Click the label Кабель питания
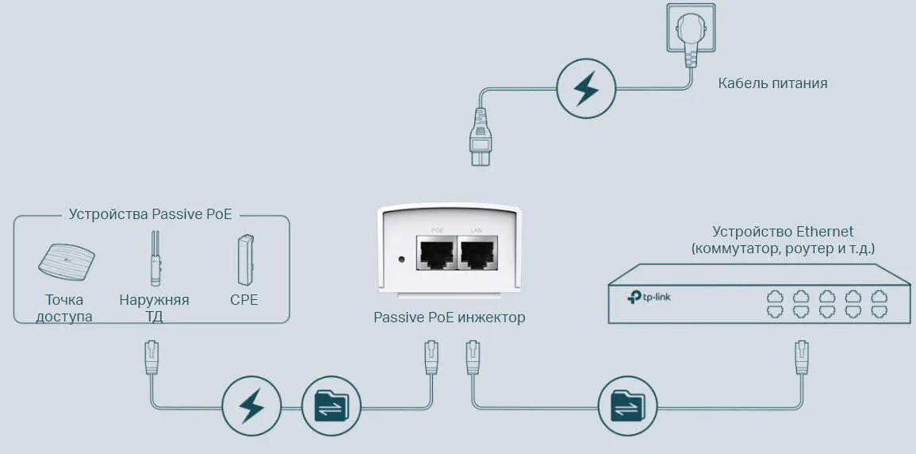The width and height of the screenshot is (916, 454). (772, 83)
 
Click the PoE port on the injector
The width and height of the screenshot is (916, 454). (436, 253)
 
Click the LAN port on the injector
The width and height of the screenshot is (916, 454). (477, 253)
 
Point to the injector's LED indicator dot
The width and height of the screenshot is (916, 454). (401, 259)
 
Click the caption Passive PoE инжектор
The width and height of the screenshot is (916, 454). (449, 317)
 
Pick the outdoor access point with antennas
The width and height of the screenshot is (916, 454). (155, 259)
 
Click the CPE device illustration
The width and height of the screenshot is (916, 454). (244, 260)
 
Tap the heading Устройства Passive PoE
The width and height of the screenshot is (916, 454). (155, 214)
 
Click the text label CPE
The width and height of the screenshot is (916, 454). (244, 300)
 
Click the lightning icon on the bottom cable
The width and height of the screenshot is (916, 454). (251, 406)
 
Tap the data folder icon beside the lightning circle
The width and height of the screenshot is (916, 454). (331, 406)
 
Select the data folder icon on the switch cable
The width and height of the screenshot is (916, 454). (627, 406)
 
